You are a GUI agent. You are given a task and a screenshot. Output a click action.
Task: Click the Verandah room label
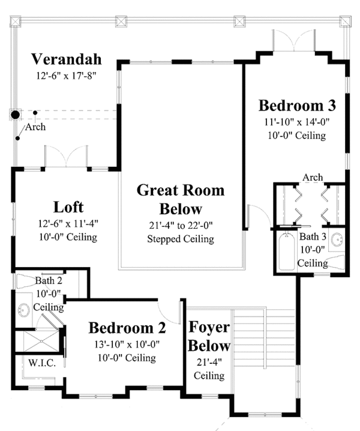click(66, 59)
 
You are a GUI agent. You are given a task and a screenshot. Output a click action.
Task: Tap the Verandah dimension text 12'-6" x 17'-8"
click(66, 76)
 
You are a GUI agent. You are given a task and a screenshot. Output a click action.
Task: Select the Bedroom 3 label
click(297, 106)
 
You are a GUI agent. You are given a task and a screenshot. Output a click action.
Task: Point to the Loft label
click(68, 207)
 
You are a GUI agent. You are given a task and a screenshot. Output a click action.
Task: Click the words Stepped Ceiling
click(181, 239)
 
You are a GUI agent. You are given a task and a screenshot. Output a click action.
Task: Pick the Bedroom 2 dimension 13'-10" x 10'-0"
click(127, 344)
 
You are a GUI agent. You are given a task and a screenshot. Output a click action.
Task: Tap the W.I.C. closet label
click(42, 363)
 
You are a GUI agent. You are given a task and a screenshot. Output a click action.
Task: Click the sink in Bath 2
click(24, 310)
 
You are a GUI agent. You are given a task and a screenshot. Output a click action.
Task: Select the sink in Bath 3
click(337, 239)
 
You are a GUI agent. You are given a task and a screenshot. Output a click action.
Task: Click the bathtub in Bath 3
click(287, 251)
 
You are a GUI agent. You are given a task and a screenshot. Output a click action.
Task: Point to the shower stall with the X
click(41, 341)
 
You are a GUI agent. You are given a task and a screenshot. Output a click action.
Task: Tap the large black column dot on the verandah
click(16, 115)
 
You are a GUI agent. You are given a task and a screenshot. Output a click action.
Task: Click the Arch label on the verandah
click(35, 127)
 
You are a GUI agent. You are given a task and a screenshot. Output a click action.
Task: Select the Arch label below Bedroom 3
click(313, 177)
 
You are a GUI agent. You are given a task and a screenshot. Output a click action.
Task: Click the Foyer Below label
click(209, 336)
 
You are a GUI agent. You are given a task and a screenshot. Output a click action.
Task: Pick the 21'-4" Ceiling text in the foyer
click(209, 369)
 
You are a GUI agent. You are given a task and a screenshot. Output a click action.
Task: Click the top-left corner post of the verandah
click(16, 22)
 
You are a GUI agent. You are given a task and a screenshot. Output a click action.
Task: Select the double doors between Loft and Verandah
click(66, 156)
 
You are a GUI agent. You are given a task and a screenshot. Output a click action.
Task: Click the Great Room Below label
click(181, 199)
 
